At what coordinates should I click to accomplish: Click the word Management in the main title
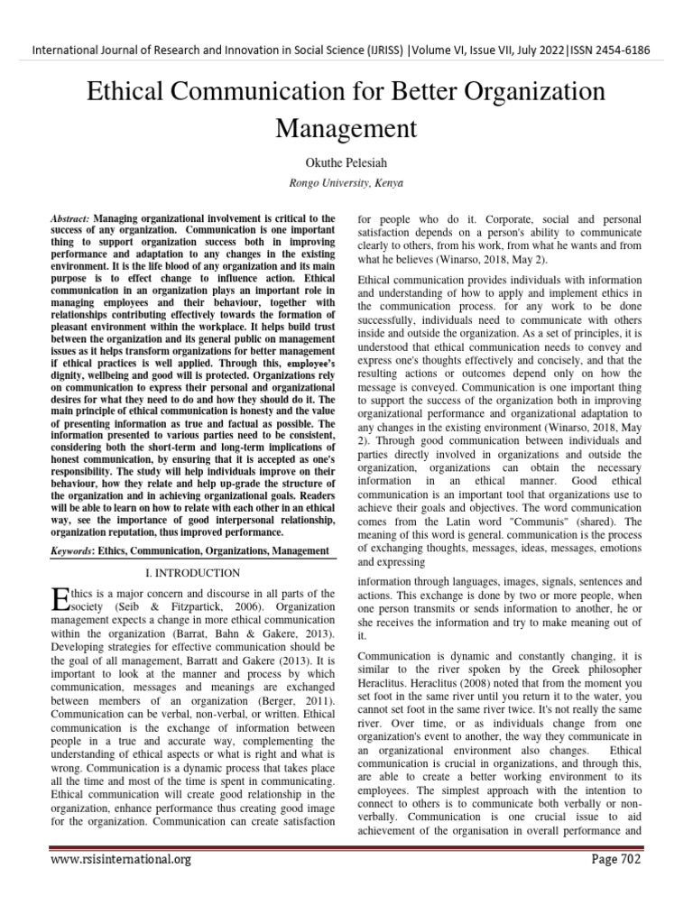(x=346, y=127)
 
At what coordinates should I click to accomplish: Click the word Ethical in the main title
(x=136, y=91)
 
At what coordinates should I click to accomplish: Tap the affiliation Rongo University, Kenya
(x=346, y=182)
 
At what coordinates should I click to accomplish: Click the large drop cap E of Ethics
(x=60, y=598)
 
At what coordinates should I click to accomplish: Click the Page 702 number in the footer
(x=615, y=859)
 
